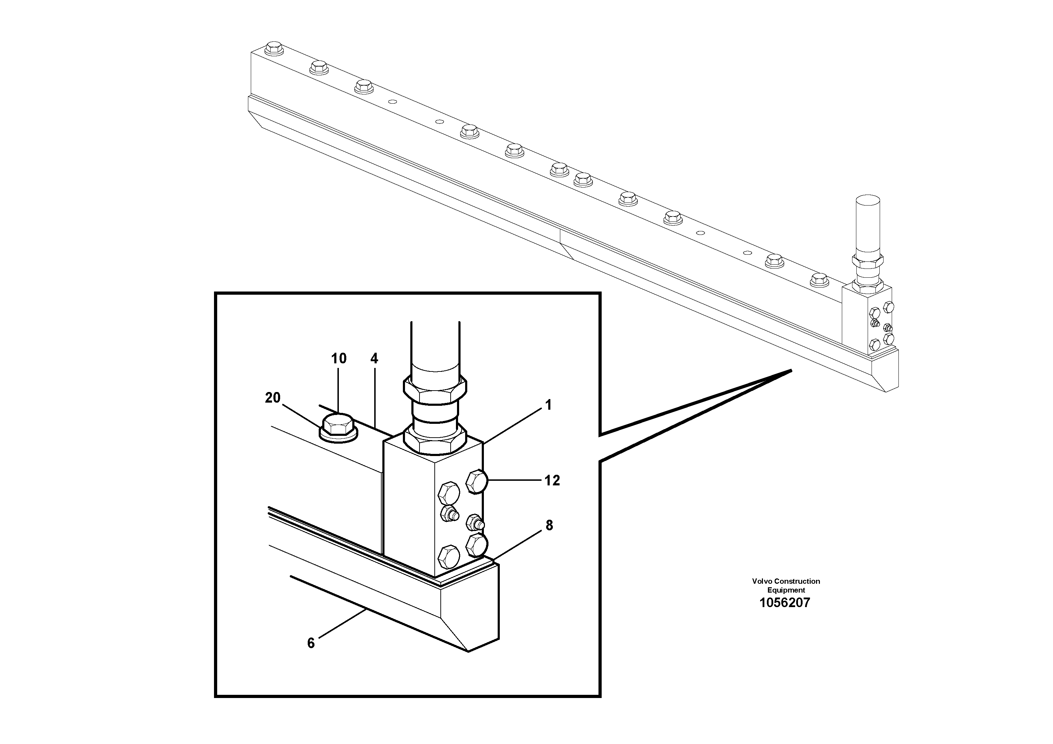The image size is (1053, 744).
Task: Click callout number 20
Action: (x=272, y=398)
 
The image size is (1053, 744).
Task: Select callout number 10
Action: (x=339, y=359)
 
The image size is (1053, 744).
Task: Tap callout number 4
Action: (x=374, y=359)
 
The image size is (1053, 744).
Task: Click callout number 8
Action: (x=549, y=525)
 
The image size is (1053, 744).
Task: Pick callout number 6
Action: (x=311, y=643)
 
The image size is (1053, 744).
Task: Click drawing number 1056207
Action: (x=785, y=603)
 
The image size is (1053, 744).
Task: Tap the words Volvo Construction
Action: (x=786, y=581)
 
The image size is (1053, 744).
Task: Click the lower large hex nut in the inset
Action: (x=435, y=438)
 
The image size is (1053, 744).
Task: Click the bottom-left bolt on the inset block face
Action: (x=448, y=557)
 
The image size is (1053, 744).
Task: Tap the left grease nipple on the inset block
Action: (x=448, y=513)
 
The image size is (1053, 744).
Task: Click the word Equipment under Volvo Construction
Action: (x=786, y=590)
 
